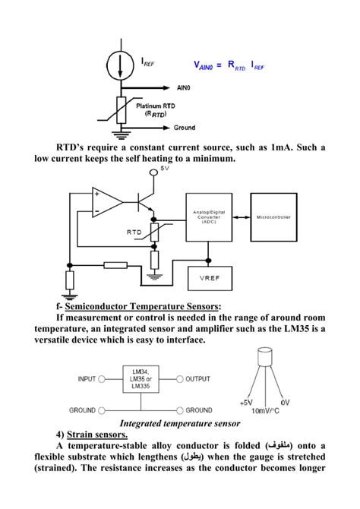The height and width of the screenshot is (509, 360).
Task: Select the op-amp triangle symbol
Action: pos(106,201)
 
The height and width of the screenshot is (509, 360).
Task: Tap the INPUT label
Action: pos(92,378)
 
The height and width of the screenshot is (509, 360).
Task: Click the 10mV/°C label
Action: pos(265,411)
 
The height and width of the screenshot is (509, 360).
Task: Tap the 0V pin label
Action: pos(285,402)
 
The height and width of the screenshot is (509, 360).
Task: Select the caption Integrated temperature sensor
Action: pos(179,422)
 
